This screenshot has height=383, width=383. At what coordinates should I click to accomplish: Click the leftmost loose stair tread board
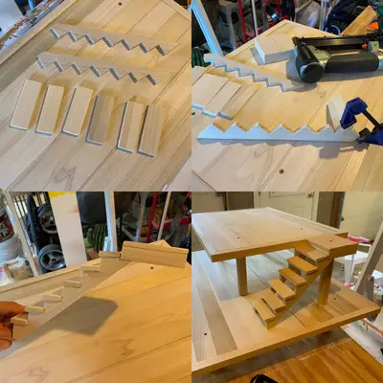26,104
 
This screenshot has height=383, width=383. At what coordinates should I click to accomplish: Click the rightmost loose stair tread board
151,128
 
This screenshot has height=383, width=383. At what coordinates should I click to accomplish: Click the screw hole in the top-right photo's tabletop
280,170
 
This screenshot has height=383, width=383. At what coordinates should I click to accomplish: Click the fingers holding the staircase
8,320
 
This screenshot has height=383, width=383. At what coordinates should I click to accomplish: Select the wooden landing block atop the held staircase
153,254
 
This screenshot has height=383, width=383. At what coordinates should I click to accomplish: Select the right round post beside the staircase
326,278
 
